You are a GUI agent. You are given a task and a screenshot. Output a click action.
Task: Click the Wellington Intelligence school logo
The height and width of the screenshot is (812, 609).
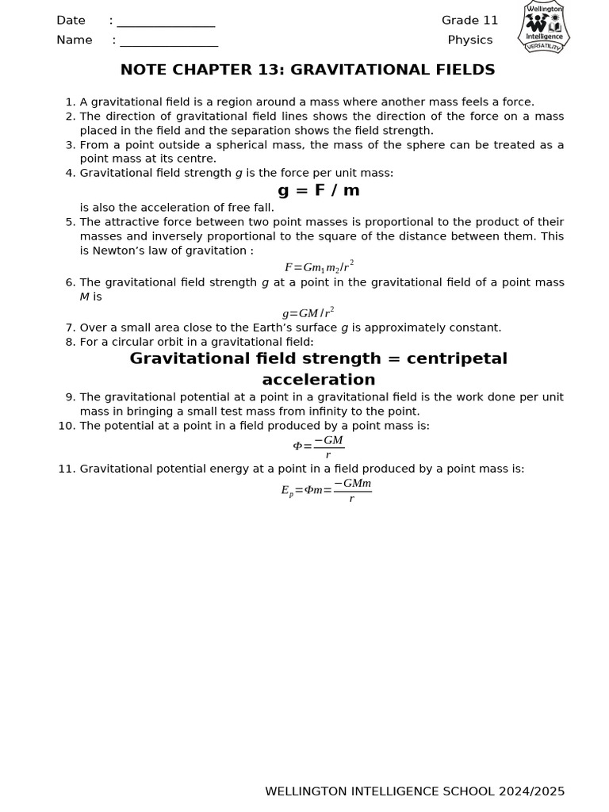pos(544,28)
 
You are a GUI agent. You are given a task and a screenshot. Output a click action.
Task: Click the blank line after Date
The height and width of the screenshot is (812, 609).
pos(166,22)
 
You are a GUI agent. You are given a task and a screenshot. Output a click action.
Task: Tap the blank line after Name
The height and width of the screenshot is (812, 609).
pos(169,41)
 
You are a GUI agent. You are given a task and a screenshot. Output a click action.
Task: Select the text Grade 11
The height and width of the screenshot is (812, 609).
pos(469,21)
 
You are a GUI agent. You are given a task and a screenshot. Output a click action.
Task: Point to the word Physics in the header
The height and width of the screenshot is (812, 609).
pos(469,40)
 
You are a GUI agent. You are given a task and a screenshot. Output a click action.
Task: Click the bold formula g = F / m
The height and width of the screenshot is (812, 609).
pos(318,190)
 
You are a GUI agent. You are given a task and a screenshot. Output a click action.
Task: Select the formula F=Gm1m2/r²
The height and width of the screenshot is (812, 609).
pos(319,266)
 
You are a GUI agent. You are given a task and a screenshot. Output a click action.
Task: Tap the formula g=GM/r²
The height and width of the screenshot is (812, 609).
pos(308,312)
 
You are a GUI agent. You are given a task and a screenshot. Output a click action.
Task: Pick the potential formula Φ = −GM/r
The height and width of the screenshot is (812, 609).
pos(318,446)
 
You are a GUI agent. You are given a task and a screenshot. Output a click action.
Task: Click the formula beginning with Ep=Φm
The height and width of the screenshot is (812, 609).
pos(326,490)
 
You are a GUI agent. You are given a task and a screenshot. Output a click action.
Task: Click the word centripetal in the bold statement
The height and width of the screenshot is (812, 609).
pos(447,359)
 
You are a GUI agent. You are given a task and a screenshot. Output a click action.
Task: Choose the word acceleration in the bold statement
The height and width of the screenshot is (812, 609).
pos(318,380)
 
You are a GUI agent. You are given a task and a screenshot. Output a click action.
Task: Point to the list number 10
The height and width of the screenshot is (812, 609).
pos(66,426)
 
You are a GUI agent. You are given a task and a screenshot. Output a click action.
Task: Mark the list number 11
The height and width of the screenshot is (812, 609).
pos(66,469)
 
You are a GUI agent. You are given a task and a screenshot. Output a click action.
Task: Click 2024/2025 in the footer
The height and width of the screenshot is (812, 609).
pos(531,791)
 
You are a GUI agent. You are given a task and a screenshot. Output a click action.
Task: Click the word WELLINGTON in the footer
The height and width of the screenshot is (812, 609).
pos(304,791)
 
